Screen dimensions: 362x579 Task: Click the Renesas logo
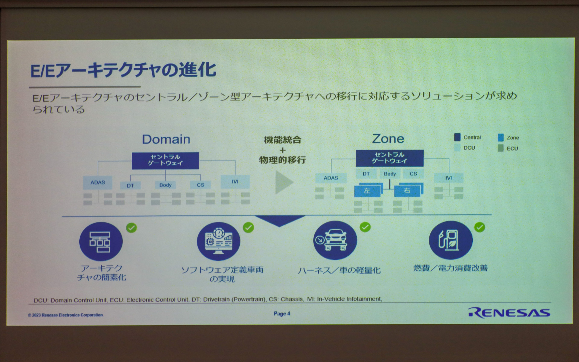click(x=509, y=313)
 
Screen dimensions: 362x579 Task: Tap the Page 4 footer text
click(x=282, y=313)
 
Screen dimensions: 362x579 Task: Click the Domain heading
click(x=166, y=139)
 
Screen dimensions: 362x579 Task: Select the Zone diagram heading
click(x=388, y=138)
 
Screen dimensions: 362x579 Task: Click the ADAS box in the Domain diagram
click(x=97, y=183)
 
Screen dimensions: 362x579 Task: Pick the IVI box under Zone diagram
click(x=448, y=178)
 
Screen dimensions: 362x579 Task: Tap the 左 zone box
click(x=367, y=191)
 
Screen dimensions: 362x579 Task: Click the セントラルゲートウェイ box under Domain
click(x=165, y=160)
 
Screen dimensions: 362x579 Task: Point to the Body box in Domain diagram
click(x=165, y=185)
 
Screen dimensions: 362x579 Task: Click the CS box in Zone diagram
click(x=413, y=174)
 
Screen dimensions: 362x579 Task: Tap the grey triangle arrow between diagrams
click(x=283, y=182)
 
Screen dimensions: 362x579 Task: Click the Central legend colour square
click(x=457, y=137)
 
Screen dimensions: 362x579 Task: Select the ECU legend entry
click(x=512, y=148)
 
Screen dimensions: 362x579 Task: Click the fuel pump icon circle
click(x=451, y=240)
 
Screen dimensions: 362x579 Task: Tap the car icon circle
click(x=335, y=240)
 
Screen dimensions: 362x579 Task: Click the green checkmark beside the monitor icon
click(x=248, y=227)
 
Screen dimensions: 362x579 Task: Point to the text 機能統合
click(x=283, y=140)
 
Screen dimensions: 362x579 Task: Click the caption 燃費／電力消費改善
click(x=450, y=268)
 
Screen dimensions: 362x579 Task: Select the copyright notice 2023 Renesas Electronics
click(x=65, y=315)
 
